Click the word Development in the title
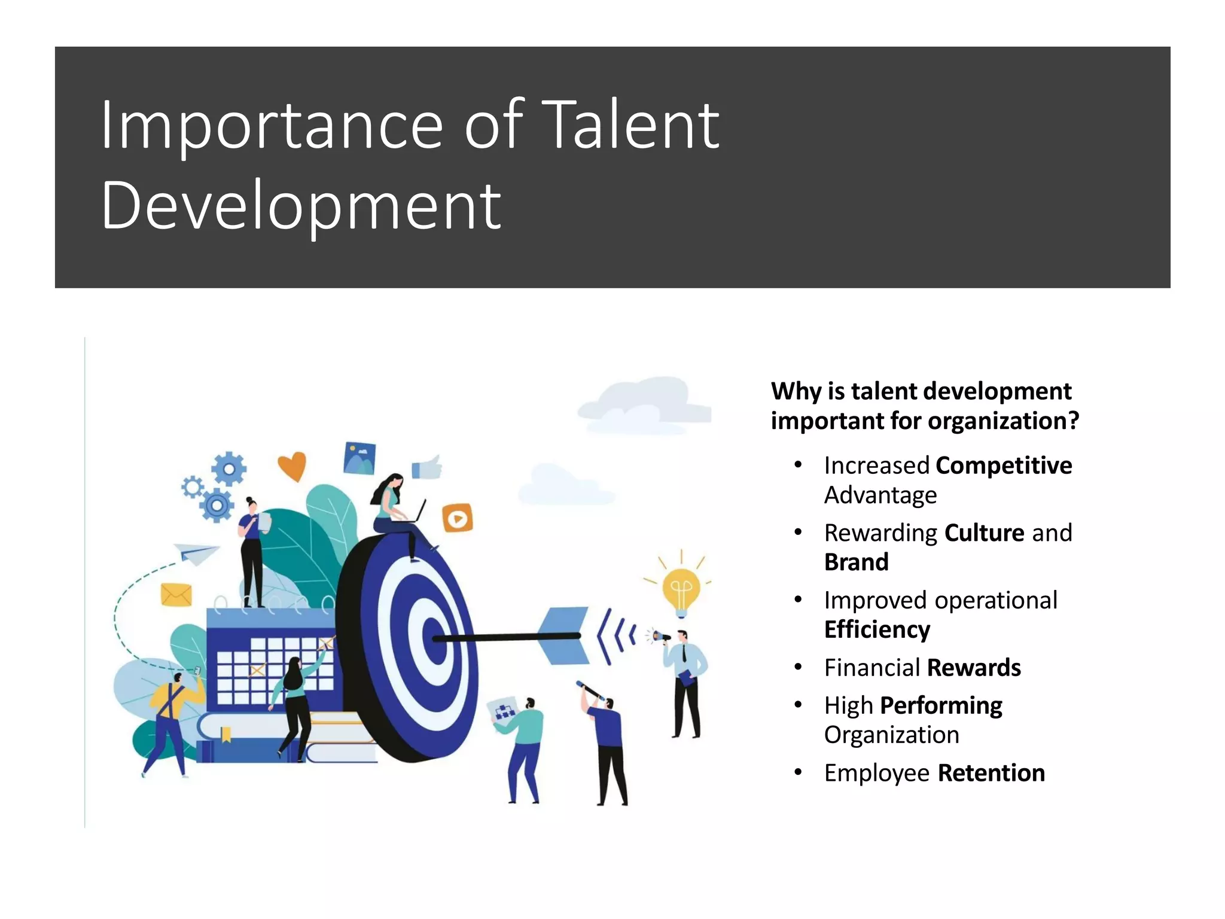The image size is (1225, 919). [301, 206]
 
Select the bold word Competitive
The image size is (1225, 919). [1004, 465]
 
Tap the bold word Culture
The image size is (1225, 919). [984, 532]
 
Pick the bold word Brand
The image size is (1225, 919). [856, 562]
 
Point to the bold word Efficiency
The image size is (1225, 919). [877, 629]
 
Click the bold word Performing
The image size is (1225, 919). [941, 705]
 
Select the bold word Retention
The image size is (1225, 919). [991, 773]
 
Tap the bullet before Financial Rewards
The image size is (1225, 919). [797, 667]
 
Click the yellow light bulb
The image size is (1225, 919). [681, 589]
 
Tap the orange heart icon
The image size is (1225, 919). [292, 465]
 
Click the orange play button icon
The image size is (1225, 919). [458, 518]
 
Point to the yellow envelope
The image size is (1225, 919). [176, 595]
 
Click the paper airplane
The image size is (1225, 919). [195, 553]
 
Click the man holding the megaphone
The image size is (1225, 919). [685, 682]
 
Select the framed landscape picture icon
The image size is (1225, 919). [359, 458]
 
